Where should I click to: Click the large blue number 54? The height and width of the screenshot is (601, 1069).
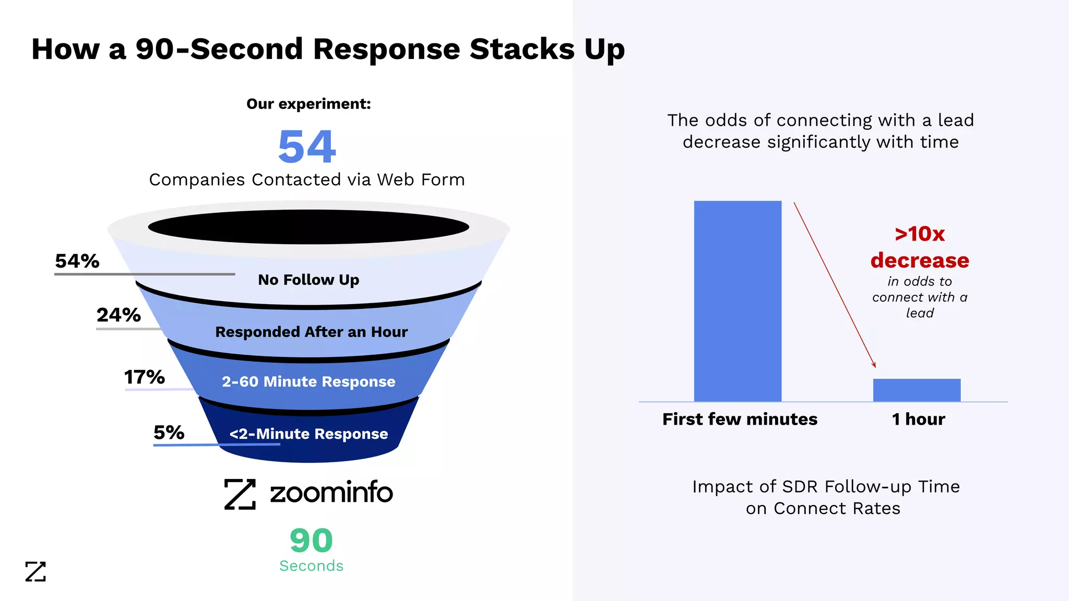pyautogui.click(x=307, y=147)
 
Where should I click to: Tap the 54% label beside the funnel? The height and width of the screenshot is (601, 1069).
pyautogui.click(x=77, y=261)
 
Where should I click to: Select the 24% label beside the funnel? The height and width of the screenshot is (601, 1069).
pyautogui.click(x=118, y=315)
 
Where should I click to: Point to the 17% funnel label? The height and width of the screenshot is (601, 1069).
pyautogui.click(x=144, y=377)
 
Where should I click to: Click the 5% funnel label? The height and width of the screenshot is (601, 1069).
pyautogui.click(x=169, y=432)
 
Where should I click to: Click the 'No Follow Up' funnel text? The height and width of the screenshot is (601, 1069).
pyautogui.click(x=308, y=280)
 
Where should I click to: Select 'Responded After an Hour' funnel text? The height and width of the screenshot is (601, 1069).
pyautogui.click(x=311, y=332)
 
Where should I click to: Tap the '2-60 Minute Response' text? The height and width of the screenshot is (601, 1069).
pyautogui.click(x=308, y=381)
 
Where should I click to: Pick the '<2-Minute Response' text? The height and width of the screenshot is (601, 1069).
pyautogui.click(x=308, y=434)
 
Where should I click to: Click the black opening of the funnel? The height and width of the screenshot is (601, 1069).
pyautogui.click(x=308, y=227)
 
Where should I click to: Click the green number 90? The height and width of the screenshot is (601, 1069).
pyautogui.click(x=311, y=540)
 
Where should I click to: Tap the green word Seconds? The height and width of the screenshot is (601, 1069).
pyautogui.click(x=311, y=566)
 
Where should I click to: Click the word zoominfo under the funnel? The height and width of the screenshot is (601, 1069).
pyautogui.click(x=331, y=493)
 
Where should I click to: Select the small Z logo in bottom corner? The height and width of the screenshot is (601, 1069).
pyautogui.click(x=35, y=572)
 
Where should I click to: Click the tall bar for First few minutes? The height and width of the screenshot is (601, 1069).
pyautogui.click(x=738, y=301)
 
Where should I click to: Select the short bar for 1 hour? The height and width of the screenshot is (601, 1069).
pyautogui.click(x=917, y=390)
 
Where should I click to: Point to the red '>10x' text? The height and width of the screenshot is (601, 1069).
pyautogui.click(x=920, y=234)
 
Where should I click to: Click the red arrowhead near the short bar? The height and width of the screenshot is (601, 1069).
pyautogui.click(x=874, y=365)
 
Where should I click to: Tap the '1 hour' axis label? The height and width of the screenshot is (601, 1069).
pyautogui.click(x=918, y=419)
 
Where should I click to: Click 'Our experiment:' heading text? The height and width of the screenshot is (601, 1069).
pyautogui.click(x=308, y=104)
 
